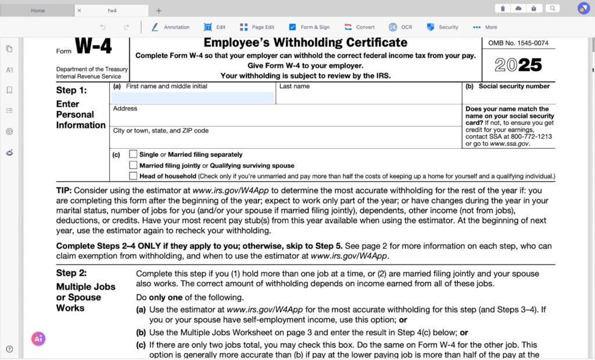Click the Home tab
(38, 10)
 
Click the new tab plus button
(159, 10)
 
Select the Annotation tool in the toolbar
(170, 27)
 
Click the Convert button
(359, 27)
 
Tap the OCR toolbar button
(400, 27)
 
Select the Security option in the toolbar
(442, 27)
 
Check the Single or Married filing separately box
(134, 154)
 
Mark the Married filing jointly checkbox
(134, 165)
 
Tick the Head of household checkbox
(134, 175)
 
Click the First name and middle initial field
(192, 98)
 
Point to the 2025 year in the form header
(518, 65)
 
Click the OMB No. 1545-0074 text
(518, 43)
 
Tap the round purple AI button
(38, 339)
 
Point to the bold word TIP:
(64, 190)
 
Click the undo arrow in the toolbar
(103, 27)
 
